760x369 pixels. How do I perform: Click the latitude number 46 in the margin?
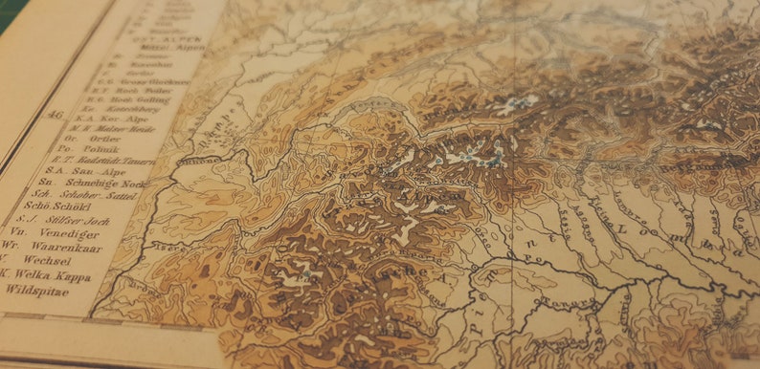pyautogui.click(x=55, y=116)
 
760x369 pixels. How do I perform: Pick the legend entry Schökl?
pyautogui.click(x=56, y=206)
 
